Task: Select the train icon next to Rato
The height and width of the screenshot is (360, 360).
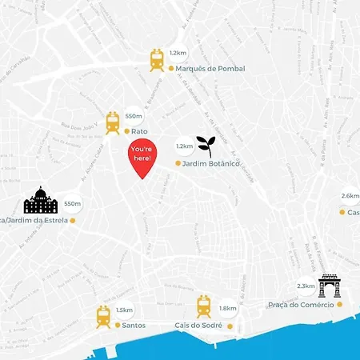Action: point(113,122)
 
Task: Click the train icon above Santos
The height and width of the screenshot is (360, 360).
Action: point(103,315)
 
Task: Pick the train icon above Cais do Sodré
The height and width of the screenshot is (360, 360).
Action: point(204,306)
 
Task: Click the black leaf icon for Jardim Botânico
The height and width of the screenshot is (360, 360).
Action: point(206,145)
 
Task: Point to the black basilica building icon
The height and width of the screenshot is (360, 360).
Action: point(40,201)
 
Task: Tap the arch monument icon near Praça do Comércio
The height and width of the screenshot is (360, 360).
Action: point(330,286)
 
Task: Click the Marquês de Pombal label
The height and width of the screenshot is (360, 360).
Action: point(207,69)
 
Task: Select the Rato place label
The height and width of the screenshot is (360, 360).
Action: point(141,131)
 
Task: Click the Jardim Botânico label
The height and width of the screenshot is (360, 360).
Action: point(212,163)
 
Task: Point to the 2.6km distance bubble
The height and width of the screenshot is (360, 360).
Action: point(350,195)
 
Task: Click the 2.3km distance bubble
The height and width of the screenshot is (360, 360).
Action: point(306,286)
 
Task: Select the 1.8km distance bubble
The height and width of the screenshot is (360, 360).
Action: point(227,308)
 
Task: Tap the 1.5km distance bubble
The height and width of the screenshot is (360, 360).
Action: point(124,310)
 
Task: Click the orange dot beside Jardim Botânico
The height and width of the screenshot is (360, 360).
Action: point(178,163)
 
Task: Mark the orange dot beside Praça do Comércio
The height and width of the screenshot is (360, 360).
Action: point(341,305)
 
